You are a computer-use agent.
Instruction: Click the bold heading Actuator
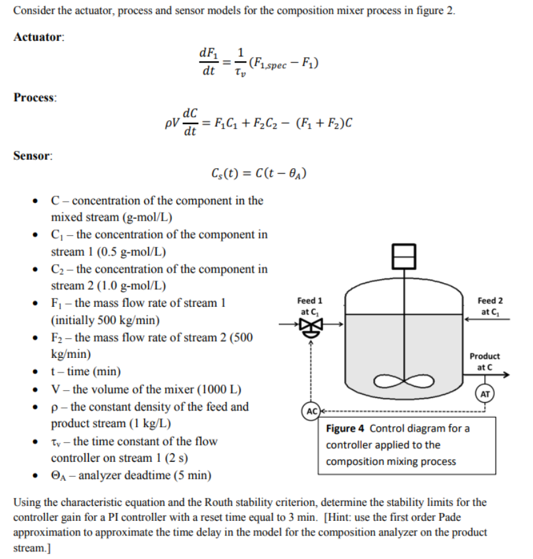click(39, 37)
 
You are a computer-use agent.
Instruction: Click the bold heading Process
click(35, 97)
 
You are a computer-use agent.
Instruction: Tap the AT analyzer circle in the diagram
click(485, 394)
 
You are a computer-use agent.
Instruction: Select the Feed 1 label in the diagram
click(309, 300)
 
